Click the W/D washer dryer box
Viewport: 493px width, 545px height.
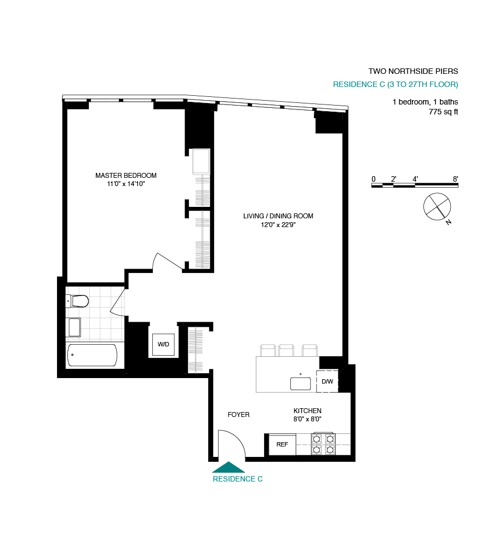pyautogui.click(x=164, y=344)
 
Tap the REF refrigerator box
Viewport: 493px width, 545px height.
pyautogui.click(x=282, y=444)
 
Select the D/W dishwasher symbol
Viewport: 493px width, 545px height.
pyautogui.click(x=327, y=381)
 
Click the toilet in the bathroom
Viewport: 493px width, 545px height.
pyautogui.click(x=78, y=300)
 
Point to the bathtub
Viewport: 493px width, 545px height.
pyautogui.click(x=92, y=356)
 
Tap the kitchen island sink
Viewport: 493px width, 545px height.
pyautogui.click(x=301, y=382)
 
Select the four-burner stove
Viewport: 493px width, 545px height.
pyautogui.click(x=323, y=444)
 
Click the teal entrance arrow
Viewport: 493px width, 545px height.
pyautogui.click(x=228, y=467)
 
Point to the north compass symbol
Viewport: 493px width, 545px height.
pyautogui.click(x=437, y=207)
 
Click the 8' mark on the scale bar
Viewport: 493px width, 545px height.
pyautogui.click(x=455, y=179)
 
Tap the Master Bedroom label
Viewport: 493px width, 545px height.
pyautogui.click(x=126, y=176)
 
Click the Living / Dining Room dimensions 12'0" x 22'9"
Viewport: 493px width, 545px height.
pyautogui.click(x=278, y=224)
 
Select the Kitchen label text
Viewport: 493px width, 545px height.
pyautogui.click(x=307, y=411)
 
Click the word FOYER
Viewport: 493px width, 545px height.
pyautogui.click(x=238, y=415)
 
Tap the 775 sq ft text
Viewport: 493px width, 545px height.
pyautogui.click(x=443, y=112)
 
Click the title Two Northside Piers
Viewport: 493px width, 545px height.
pyautogui.click(x=413, y=71)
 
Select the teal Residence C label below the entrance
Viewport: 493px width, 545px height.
pyautogui.click(x=237, y=479)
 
